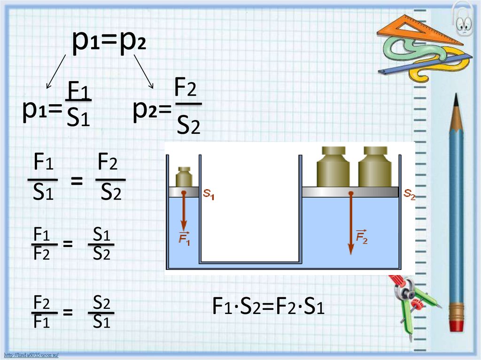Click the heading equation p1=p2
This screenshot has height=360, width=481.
(109, 43)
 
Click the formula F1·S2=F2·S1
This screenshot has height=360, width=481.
(268, 308)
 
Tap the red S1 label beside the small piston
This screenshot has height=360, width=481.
(209, 194)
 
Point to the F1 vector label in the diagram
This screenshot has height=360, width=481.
(184, 238)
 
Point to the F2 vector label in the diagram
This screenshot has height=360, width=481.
(361, 237)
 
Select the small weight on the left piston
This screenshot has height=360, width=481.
(184, 177)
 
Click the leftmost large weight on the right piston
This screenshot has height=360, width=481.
(334, 168)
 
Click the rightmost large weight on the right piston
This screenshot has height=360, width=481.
(375, 168)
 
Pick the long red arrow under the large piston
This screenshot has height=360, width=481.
(350, 223)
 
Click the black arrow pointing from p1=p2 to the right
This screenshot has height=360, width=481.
(144, 71)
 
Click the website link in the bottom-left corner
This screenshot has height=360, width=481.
(31, 355)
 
